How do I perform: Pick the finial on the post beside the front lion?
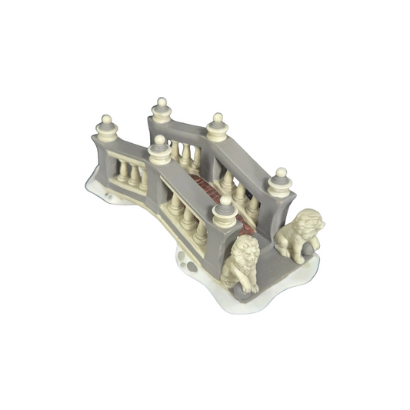click(225, 201)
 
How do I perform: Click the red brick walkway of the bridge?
click(206, 188)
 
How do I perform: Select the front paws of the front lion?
click(250, 286)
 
